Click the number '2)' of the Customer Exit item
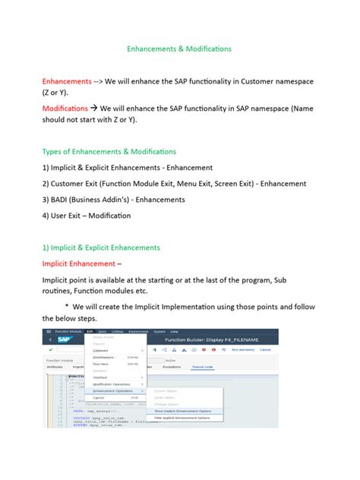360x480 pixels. pyautogui.click(x=46, y=183)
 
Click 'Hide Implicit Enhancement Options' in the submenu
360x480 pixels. pyautogui.click(x=183, y=418)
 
